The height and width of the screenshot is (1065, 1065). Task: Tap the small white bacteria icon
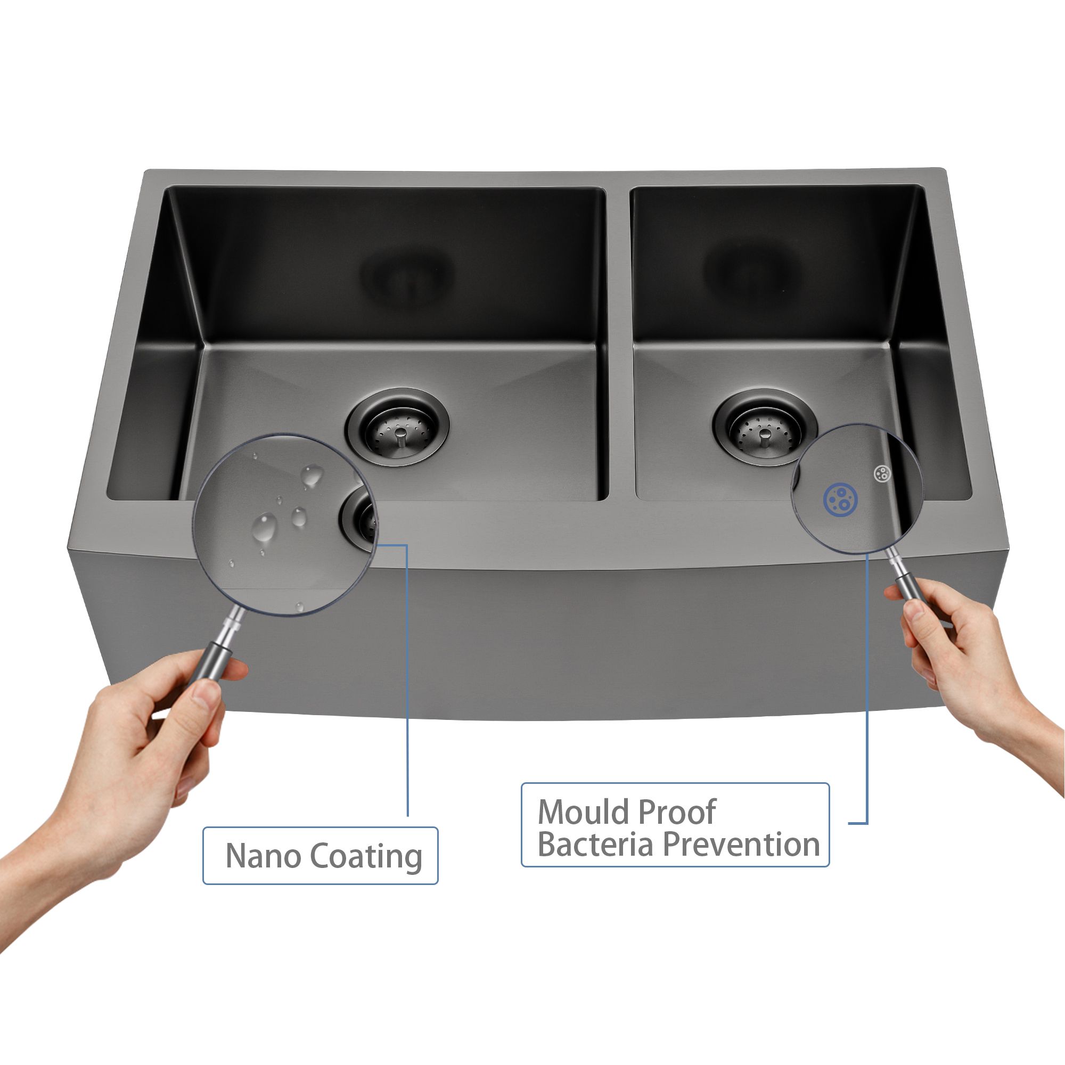[x=882, y=472]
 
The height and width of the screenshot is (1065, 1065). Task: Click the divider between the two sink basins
[x=620, y=342]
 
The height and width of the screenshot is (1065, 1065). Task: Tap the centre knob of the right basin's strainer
[x=765, y=436]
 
